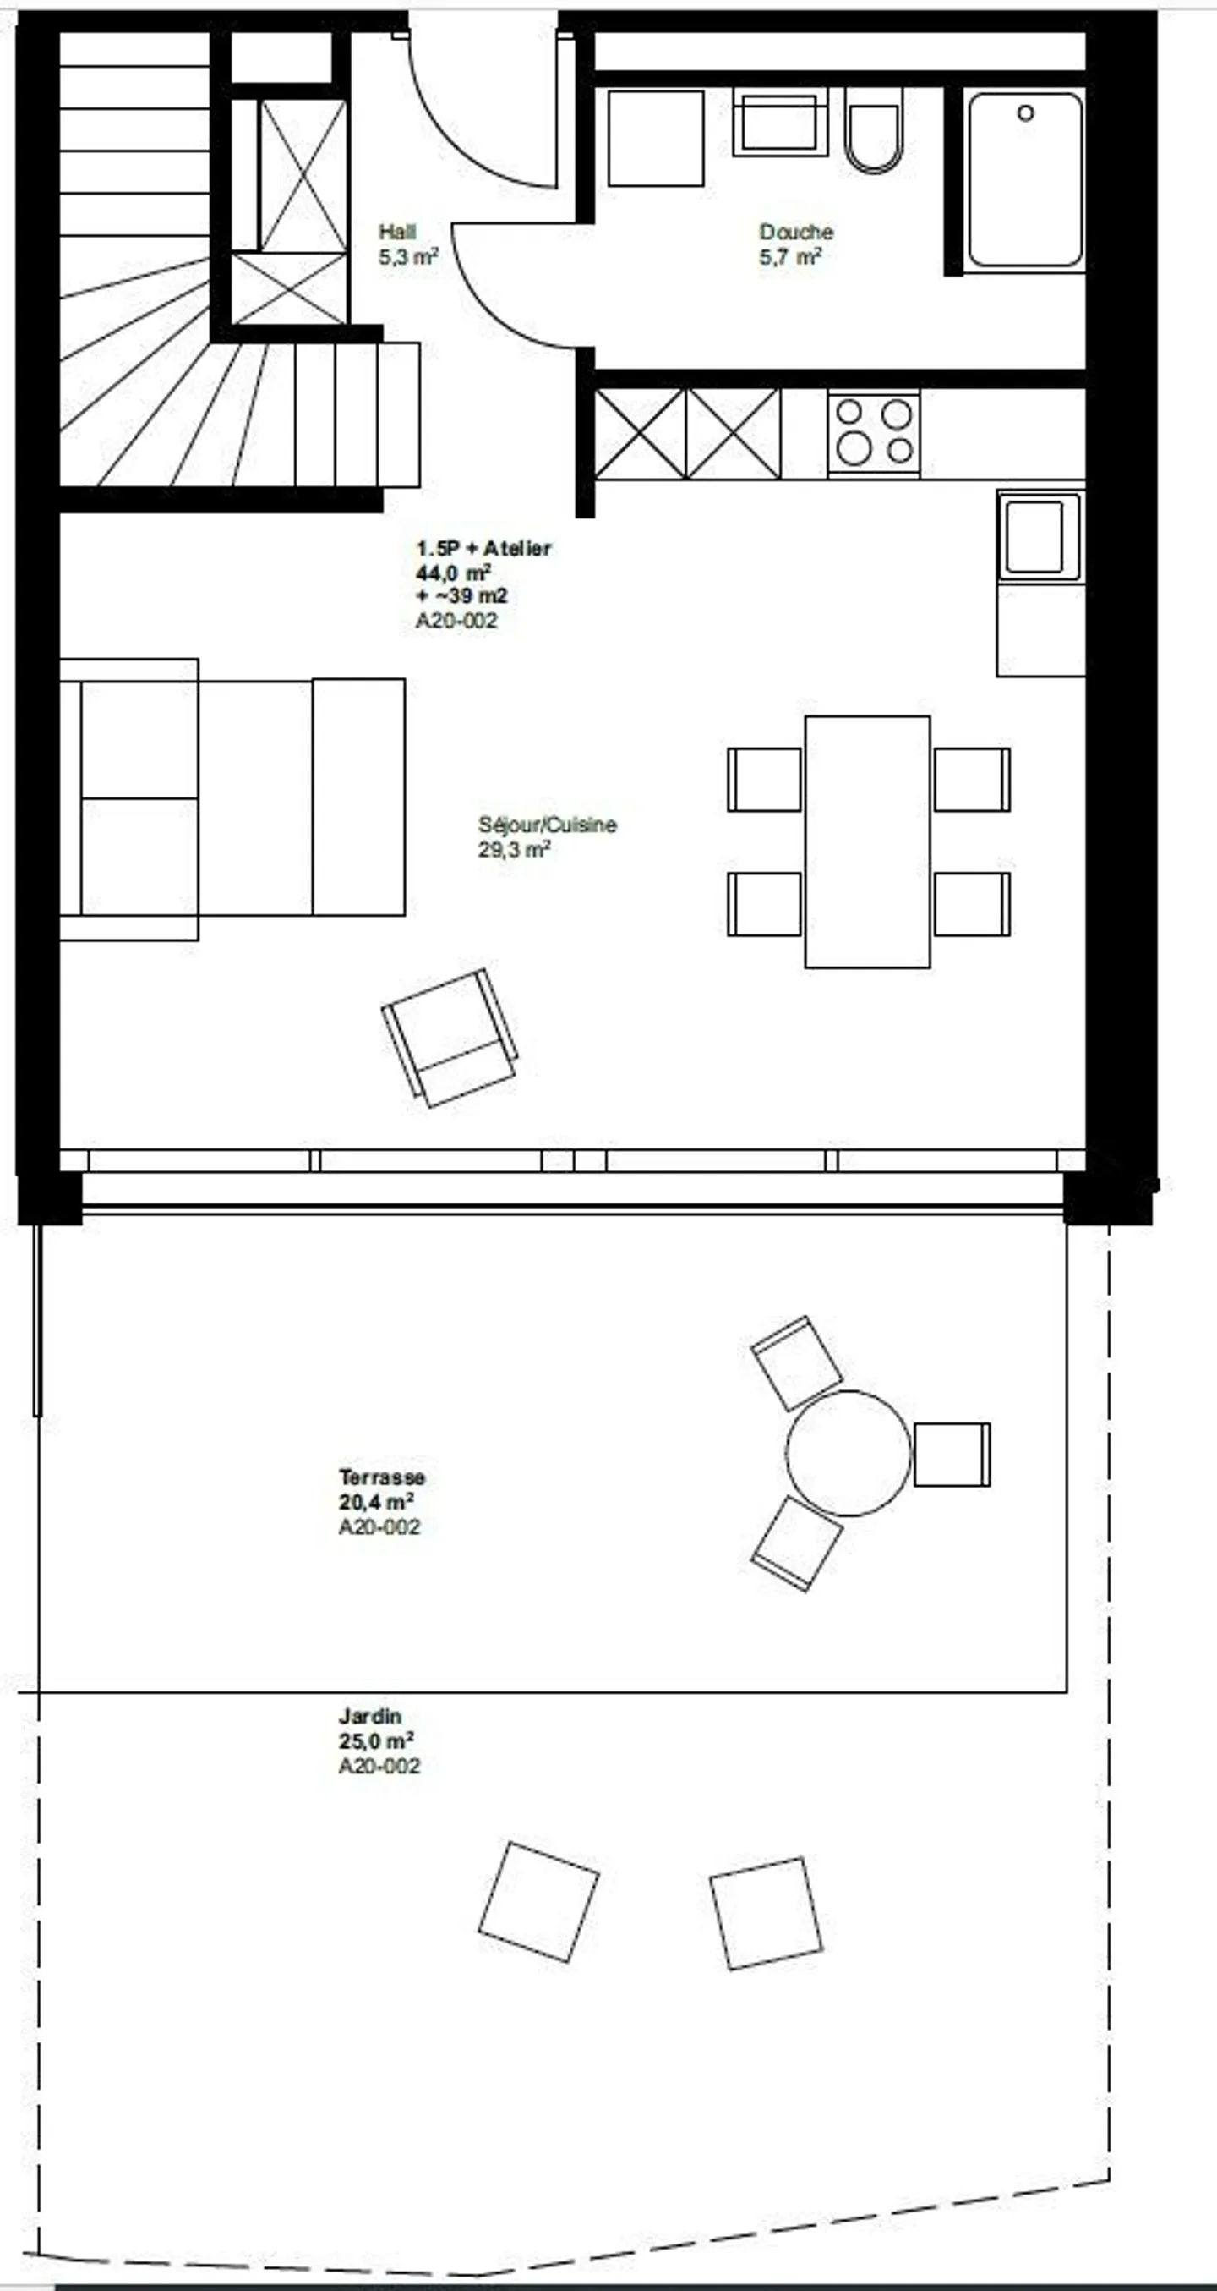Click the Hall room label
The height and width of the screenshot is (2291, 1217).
[396, 232]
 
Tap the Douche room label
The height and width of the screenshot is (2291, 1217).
[795, 232]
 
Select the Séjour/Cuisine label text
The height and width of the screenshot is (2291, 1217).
[547, 825]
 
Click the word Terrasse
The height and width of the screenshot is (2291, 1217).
[381, 1477]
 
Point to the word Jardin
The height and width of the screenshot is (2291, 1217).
[370, 1716]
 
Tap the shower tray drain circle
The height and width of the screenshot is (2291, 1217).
[1025, 113]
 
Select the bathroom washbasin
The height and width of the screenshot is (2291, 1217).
[779, 123]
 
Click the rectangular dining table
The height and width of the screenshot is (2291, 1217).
[867, 841]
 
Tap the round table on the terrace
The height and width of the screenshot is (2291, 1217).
[848, 1452]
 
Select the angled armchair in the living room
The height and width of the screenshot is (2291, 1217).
[450, 1037]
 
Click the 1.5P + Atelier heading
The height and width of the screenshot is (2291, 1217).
[483, 548]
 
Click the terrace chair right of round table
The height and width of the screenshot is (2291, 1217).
[951, 1454]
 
